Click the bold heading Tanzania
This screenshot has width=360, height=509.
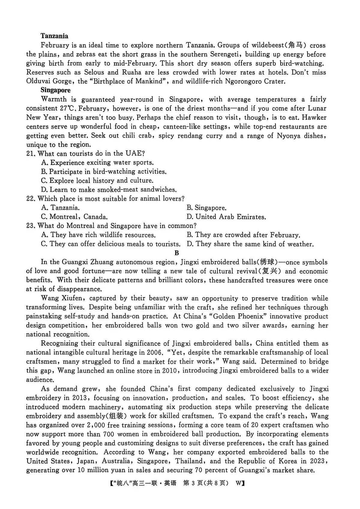click(x=54, y=36)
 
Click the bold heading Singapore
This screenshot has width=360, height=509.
click(x=55, y=90)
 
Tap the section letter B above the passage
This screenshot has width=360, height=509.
click(x=177, y=253)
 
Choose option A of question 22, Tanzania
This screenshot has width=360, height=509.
click(x=60, y=208)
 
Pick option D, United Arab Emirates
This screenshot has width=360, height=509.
click(x=226, y=217)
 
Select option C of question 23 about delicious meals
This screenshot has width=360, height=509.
click(x=111, y=244)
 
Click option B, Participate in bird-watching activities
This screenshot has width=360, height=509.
click(x=104, y=172)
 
